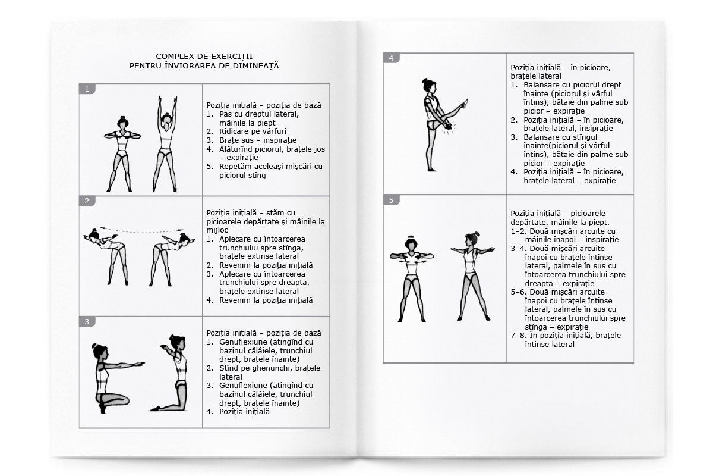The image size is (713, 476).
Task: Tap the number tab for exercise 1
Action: point(87,89)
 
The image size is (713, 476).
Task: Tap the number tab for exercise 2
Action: point(87,201)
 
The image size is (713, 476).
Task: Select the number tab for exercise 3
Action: point(87,322)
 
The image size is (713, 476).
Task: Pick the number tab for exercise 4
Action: point(391,58)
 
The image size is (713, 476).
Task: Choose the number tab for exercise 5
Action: point(391,200)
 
